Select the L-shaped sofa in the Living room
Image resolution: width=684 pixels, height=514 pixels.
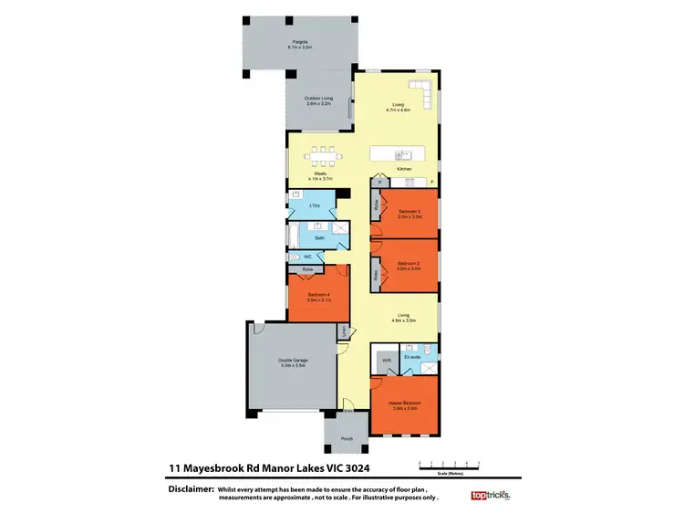(x=422, y=91)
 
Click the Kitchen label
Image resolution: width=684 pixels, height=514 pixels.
(x=404, y=170)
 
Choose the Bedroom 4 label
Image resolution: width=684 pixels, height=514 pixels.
(x=318, y=295)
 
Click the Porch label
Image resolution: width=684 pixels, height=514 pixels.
(x=346, y=439)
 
